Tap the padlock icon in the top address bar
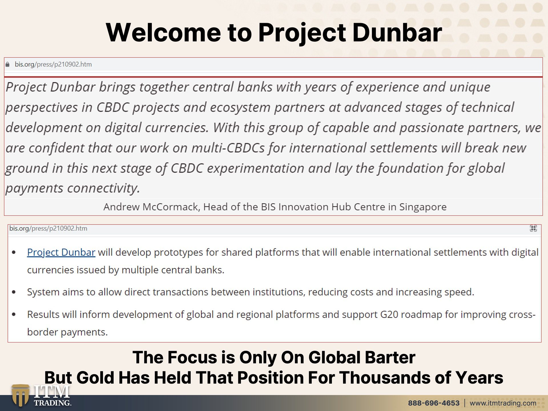[x=7, y=65]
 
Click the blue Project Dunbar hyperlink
[x=61, y=253]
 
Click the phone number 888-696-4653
[x=434, y=403]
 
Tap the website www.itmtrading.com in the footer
[x=503, y=403]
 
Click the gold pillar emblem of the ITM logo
[x=20, y=395]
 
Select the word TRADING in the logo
[x=52, y=403]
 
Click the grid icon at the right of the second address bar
[x=533, y=228]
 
